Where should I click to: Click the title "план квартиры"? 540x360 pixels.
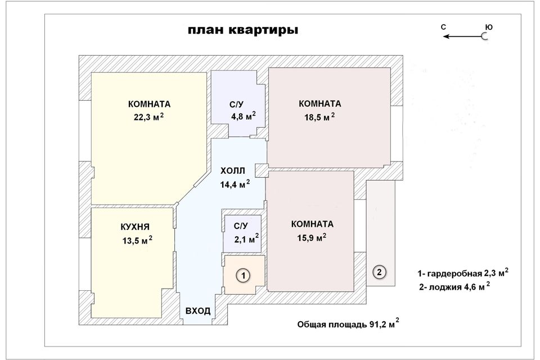pos(243,30)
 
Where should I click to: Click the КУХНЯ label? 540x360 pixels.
pos(135,227)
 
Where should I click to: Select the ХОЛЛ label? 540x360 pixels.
pos(232,170)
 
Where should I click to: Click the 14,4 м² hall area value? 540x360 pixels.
pos(235,183)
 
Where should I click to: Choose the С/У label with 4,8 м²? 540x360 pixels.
pos(236,105)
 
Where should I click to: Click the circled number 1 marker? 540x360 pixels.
pos(242,276)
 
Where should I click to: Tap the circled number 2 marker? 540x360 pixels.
pos(380,272)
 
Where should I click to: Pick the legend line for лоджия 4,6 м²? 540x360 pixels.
pos(454,287)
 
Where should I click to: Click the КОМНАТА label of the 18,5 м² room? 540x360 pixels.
pos(320,104)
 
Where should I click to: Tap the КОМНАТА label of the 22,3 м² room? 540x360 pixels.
pos(149,104)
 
